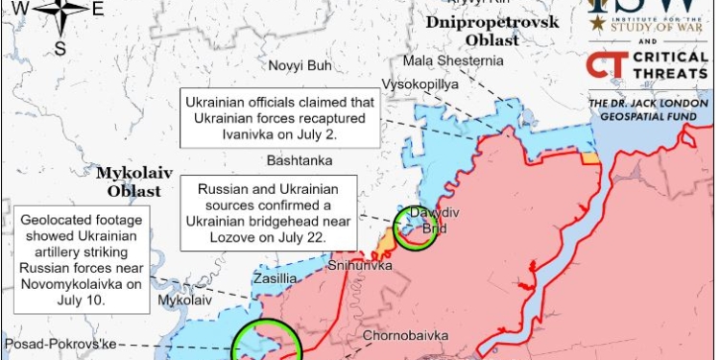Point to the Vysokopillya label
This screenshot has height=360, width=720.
(x=420, y=84)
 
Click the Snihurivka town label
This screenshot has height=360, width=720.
(x=360, y=265)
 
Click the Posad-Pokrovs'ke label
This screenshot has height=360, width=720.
(x=60, y=345)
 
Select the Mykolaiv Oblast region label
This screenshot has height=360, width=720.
(x=133, y=181)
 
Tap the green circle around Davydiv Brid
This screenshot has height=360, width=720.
(x=416, y=230)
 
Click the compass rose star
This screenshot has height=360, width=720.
(x=59, y=12)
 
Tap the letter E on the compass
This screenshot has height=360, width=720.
(x=98, y=10)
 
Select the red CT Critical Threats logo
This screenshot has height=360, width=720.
(x=602, y=65)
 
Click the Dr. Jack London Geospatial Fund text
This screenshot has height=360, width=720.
(x=648, y=109)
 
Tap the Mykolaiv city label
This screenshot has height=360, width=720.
(x=182, y=300)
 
